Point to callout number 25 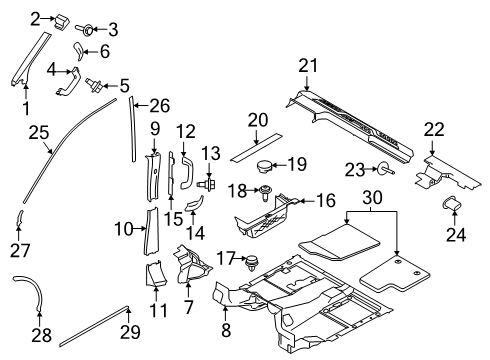point(38,132)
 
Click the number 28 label point(41,333)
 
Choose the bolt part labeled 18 point(268,193)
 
